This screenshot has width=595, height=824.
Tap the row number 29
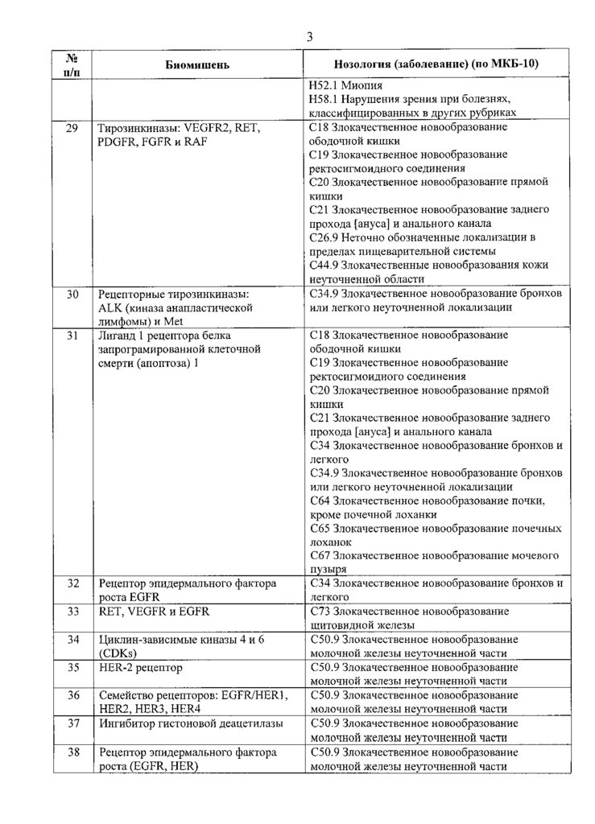72,128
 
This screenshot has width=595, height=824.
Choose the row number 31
72,335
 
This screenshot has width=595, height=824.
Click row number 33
72,612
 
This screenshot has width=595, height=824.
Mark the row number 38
72,752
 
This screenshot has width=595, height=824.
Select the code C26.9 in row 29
324,237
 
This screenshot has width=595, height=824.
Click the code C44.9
324,265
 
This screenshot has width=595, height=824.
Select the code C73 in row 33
320,612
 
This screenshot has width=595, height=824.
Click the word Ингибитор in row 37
128,723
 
